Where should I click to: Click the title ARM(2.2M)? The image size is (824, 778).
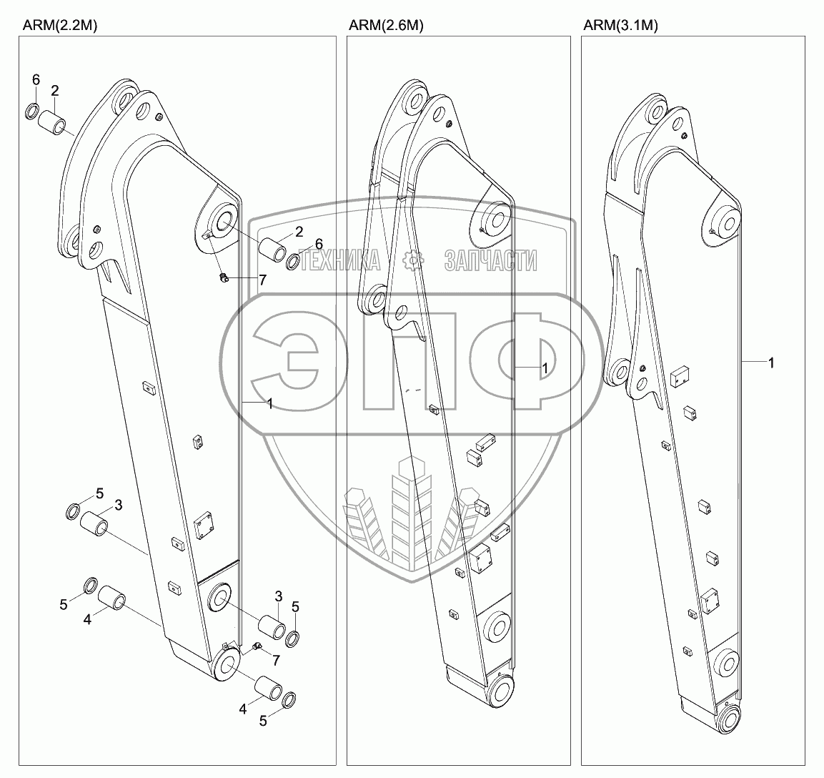pyautogui.click(x=60, y=25)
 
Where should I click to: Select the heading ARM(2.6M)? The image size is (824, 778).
pyautogui.click(x=386, y=25)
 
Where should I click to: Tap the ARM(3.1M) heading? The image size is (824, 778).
pyautogui.click(x=620, y=25)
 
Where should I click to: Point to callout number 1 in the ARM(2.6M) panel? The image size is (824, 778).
pyautogui.click(x=544, y=368)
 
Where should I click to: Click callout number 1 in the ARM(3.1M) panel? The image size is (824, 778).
pyautogui.click(x=771, y=363)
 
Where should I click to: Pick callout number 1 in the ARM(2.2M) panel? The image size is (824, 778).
pyautogui.click(x=270, y=405)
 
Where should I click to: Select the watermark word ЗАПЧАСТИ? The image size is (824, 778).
pyautogui.click(x=490, y=260)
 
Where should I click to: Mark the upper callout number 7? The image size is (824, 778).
pyautogui.click(x=263, y=280)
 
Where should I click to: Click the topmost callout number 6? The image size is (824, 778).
pyautogui.click(x=36, y=80)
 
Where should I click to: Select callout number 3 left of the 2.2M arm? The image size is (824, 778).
pyautogui.click(x=119, y=505)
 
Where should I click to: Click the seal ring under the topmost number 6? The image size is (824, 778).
pyautogui.click(x=33, y=112)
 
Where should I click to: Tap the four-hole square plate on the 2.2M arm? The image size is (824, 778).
pyautogui.click(x=204, y=527)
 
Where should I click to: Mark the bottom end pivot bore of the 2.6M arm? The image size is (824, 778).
pyautogui.click(x=502, y=691)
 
